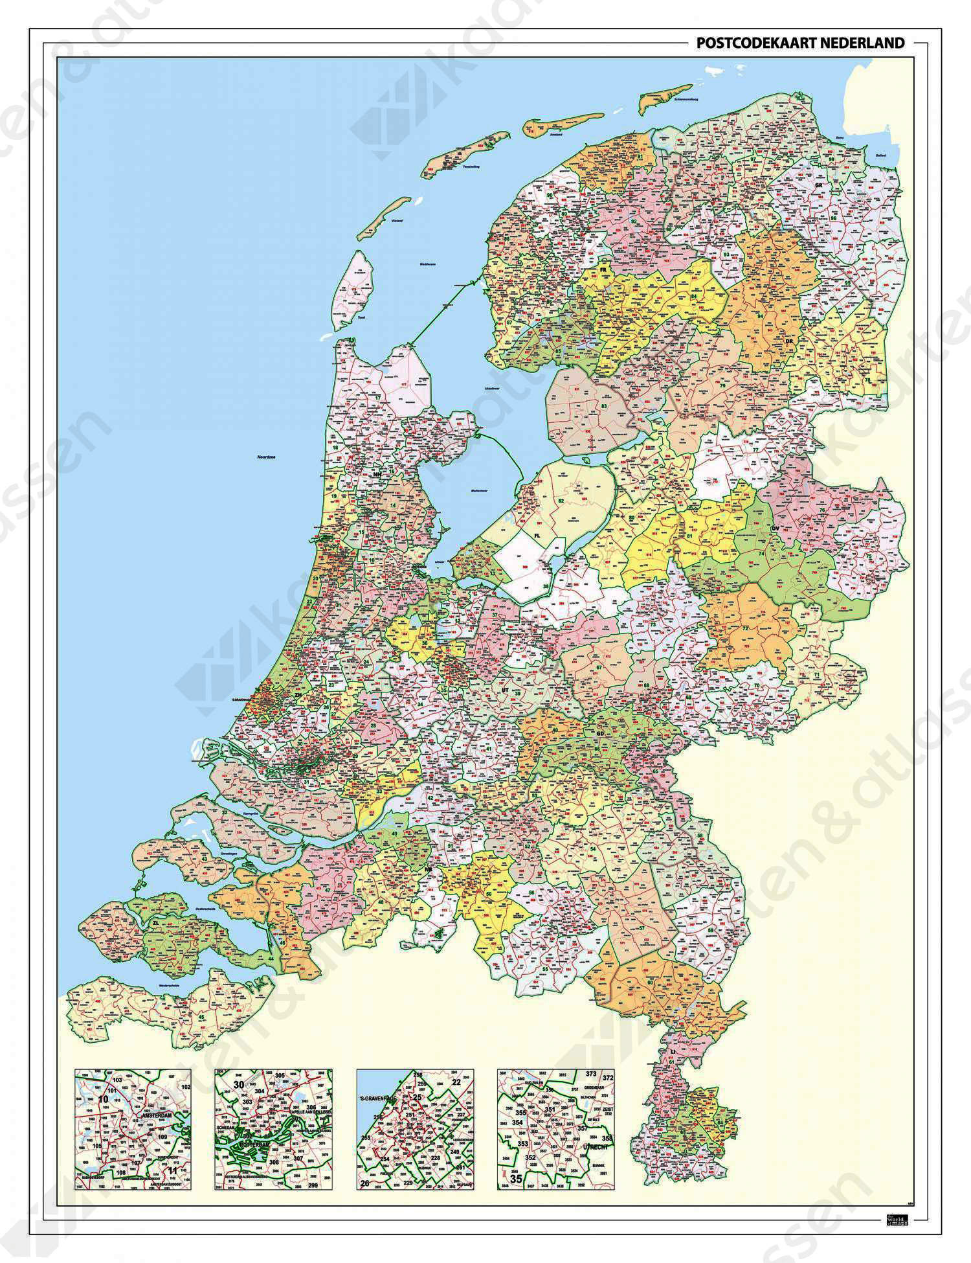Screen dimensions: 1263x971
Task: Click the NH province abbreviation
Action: [377, 475]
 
